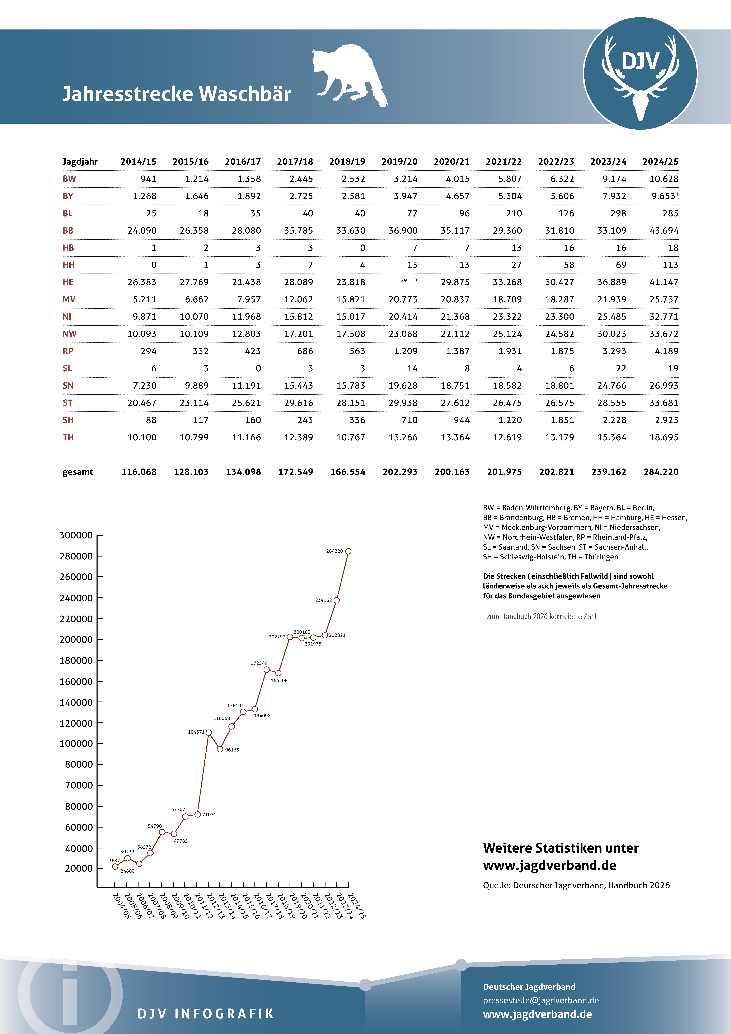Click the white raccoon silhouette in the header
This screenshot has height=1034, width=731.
349,74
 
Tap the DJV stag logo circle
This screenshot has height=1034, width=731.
640,73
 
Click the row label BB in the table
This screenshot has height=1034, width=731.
68,231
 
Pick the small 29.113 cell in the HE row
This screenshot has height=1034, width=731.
409,281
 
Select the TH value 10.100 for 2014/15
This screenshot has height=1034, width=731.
142,437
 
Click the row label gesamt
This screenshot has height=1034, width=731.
78,472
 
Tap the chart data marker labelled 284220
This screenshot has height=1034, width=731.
348,551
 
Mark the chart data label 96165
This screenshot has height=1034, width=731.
232,750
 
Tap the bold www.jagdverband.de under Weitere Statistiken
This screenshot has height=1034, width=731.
549,866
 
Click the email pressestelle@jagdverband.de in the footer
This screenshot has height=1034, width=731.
540,1000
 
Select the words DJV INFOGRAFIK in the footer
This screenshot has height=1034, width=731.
205,1014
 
